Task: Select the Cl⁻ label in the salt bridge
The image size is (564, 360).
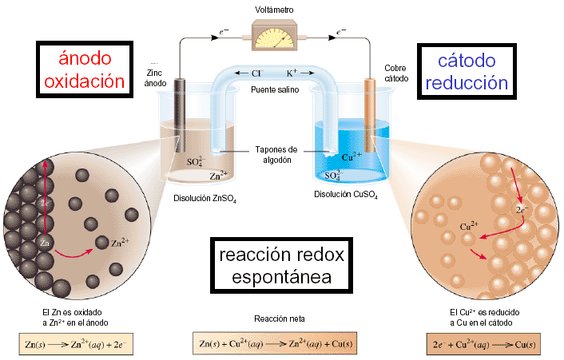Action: click(x=257, y=73)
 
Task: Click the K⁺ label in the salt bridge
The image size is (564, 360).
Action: click(x=292, y=73)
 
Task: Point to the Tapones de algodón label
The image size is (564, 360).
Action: click(x=276, y=154)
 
